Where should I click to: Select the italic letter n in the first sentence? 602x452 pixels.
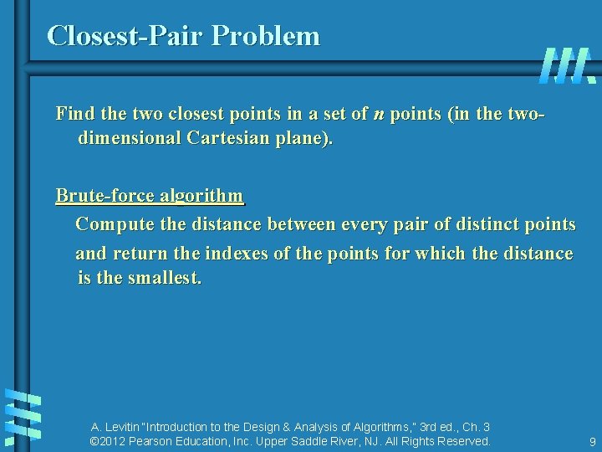[379, 114]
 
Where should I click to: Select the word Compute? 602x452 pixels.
[110, 224]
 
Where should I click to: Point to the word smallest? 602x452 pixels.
[164, 277]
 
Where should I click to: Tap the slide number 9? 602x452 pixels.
[592, 442]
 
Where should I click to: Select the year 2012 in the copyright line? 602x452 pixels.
[114, 441]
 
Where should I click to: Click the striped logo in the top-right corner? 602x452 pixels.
[567, 65]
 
